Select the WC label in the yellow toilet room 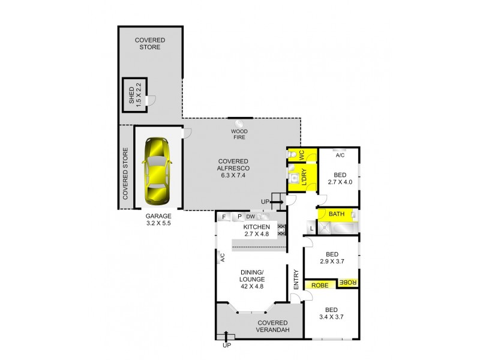[x=302, y=155]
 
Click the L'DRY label [x=304, y=178]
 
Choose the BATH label [x=336, y=214]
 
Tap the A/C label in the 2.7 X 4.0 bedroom [x=340, y=155]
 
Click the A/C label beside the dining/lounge [x=222, y=257]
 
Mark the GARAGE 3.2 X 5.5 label [x=158, y=219]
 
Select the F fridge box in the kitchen [x=224, y=217]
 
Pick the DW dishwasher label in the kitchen [x=251, y=217]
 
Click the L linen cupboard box [x=311, y=228]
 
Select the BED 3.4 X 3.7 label [x=331, y=313]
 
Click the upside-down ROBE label [x=349, y=282]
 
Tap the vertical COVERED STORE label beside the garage [x=125, y=174]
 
